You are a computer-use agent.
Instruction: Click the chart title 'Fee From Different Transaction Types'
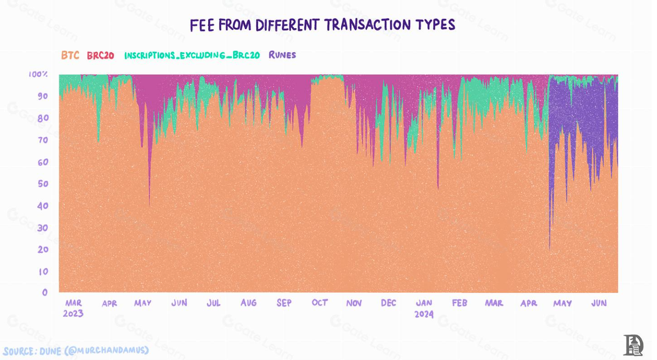(x=322, y=25)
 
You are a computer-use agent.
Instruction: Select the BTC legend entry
(x=70, y=55)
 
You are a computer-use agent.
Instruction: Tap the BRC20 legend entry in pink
(x=101, y=55)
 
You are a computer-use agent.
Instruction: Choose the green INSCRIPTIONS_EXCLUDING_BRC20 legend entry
(x=192, y=55)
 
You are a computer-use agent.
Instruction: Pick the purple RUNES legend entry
(x=282, y=55)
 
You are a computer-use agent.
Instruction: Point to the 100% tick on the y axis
(x=38, y=74)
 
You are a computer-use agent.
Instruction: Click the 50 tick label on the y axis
(x=43, y=184)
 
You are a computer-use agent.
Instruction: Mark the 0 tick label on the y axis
(x=45, y=292)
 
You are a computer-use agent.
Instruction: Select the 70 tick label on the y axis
(x=43, y=140)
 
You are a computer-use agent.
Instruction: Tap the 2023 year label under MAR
(x=73, y=313)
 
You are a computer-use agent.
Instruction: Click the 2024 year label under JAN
(x=424, y=314)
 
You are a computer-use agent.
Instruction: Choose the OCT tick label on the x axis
(x=320, y=303)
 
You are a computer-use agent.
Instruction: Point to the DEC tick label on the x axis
(x=389, y=303)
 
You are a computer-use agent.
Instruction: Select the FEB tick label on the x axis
(x=459, y=303)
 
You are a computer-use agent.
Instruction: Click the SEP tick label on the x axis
(x=284, y=303)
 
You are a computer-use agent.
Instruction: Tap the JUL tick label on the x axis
(x=213, y=303)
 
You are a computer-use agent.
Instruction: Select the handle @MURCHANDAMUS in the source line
(x=107, y=351)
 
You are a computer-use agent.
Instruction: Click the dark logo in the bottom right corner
(x=633, y=345)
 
